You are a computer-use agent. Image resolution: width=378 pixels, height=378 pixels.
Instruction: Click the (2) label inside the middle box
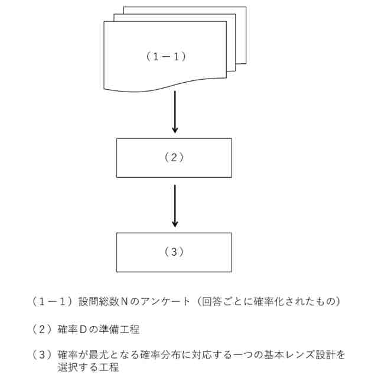click(174, 158)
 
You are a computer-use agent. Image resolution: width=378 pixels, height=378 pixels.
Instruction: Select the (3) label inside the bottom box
click(174, 252)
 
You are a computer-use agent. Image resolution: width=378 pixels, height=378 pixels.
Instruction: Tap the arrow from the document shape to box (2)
click(174, 112)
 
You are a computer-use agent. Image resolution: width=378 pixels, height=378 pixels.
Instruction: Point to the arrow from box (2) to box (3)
click(174, 206)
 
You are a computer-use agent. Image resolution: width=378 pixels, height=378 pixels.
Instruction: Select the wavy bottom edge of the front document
click(165, 89)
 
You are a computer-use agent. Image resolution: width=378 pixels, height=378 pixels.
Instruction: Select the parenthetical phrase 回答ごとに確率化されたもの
click(272, 302)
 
